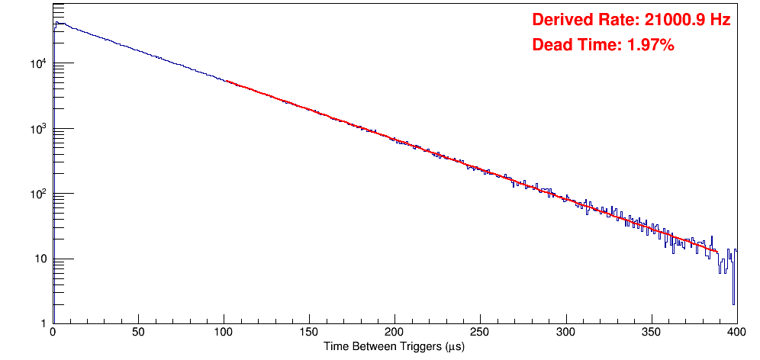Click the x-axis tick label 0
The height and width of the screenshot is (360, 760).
(x=53, y=333)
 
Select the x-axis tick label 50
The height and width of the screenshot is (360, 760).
(x=138, y=333)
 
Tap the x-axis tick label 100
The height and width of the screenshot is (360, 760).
(x=224, y=333)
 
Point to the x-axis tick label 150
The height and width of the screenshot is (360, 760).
(x=309, y=333)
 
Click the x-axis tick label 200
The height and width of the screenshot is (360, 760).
(x=394, y=333)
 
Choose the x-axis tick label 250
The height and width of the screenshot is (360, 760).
(x=480, y=333)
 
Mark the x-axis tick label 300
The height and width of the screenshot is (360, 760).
(x=565, y=333)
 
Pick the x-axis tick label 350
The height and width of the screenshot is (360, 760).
(x=651, y=333)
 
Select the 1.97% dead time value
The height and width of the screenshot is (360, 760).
(x=650, y=46)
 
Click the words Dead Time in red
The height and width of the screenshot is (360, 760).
(x=575, y=46)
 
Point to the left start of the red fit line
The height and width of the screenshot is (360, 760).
(x=227, y=80)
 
